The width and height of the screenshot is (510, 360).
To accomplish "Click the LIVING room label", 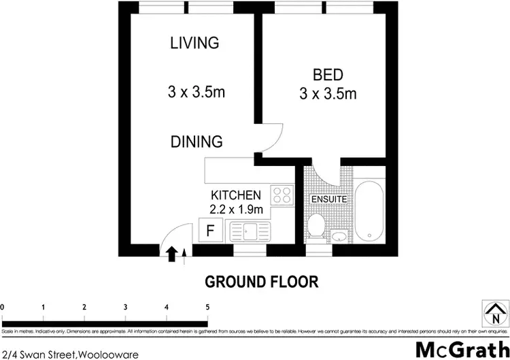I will tap(194, 44).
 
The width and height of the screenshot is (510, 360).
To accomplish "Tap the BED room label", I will tap(328, 74).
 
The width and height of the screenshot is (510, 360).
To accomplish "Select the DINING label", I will tap(196, 142).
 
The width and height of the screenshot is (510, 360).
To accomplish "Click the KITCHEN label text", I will tap(236, 195).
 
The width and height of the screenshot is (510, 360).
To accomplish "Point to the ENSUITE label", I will tap(329, 199).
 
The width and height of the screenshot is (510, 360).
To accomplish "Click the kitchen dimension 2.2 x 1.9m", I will tap(237, 208).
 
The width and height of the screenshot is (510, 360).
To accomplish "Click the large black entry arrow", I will tap(172, 254).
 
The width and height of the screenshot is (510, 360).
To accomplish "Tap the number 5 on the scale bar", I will tap(207, 308).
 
